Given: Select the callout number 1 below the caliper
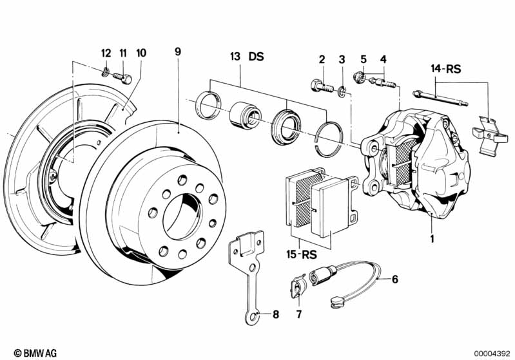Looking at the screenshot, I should (x=432, y=238).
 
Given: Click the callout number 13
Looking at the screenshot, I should (x=235, y=57).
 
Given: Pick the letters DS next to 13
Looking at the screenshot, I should (x=257, y=57).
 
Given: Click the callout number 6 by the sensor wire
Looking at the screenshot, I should (x=395, y=279).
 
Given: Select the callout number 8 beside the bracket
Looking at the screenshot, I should (x=276, y=315).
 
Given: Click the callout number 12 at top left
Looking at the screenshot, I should (x=106, y=52).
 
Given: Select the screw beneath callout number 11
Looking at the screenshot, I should (x=122, y=78).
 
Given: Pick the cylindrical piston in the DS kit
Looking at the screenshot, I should (x=244, y=114).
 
